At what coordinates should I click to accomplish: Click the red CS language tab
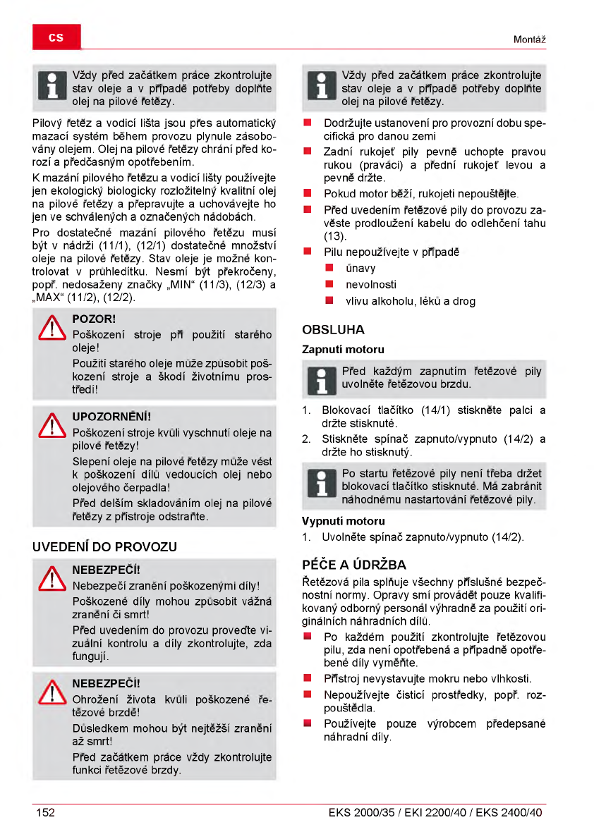pyautogui.click(x=56, y=37)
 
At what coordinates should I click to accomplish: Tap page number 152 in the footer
pyautogui.click(x=46, y=812)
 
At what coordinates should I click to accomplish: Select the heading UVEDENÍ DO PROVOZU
pyautogui.click(x=105, y=546)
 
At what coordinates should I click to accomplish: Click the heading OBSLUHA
pyautogui.click(x=333, y=329)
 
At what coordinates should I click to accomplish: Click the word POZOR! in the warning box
pyautogui.click(x=95, y=319)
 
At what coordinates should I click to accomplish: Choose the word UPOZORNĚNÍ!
pyautogui.click(x=111, y=417)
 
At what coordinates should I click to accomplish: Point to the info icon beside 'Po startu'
pyautogui.click(x=318, y=486)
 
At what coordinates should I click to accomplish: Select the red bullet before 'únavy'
pyautogui.click(x=329, y=269)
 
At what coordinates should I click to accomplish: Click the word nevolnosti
pyautogui.click(x=370, y=285)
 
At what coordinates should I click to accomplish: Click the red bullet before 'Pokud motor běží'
pyautogui.click(x=308, y=193)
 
